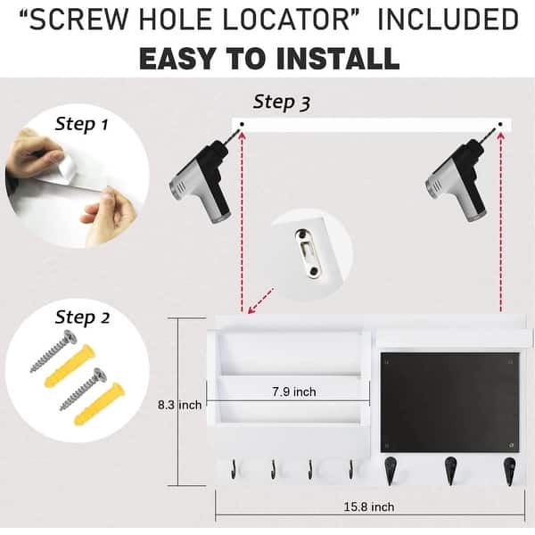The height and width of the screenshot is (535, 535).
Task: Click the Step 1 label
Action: click(81, 124)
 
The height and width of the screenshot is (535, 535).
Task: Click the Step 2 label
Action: click(81, 317)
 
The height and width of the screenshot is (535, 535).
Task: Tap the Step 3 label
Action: click(282, 102)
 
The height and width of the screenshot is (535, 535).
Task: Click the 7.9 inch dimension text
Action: click(293, 391)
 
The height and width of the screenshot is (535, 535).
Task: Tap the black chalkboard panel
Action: click(449, 401)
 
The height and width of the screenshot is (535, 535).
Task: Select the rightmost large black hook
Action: click(509, 470)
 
